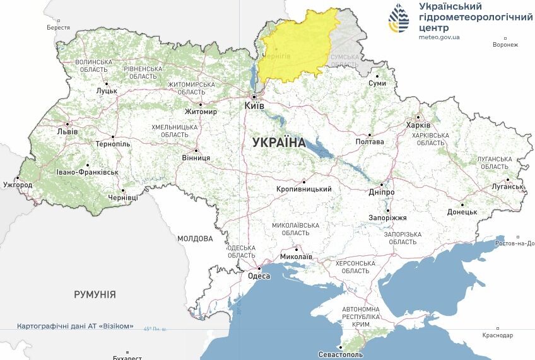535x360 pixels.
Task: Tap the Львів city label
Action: click(67, 132)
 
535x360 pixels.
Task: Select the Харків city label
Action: click(418, 125)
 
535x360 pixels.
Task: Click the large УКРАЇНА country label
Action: click(278, 142)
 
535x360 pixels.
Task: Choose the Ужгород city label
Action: click(17, 185)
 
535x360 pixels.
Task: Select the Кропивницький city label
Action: click(304, 189)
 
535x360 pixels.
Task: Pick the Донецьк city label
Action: click(462, 212)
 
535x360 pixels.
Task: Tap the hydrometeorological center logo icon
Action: click(399, 20)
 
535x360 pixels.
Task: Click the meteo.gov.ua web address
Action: click(439, 37)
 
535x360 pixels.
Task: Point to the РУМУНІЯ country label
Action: click(95, 294)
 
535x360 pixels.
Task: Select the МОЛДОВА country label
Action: click(195, 239)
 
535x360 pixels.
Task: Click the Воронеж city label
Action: click(505, 45)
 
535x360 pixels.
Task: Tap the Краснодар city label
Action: click(498, 335)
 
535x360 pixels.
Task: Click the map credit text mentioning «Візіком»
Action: click(75, 326)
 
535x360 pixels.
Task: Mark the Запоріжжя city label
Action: click(387, 218)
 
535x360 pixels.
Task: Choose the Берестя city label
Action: click(58, 28)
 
